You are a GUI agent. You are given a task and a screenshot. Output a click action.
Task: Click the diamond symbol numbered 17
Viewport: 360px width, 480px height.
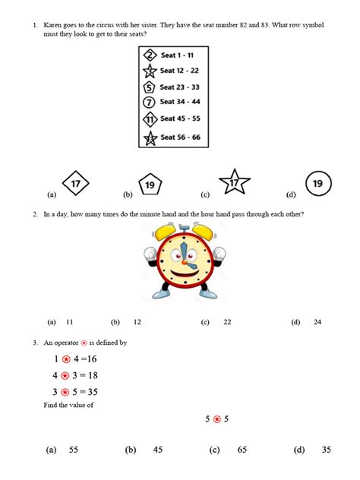[75, 184]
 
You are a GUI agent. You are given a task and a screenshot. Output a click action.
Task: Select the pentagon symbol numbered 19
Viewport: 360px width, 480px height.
[150, 185]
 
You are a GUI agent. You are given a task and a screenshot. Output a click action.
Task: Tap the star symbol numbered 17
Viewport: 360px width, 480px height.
[234, 183]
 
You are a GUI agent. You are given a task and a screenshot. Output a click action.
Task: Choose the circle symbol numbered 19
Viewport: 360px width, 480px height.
[317, 183]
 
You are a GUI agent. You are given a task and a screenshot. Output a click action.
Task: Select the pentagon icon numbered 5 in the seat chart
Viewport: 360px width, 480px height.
[150, 87]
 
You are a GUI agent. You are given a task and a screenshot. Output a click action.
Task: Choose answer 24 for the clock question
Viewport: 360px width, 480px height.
[317, 322]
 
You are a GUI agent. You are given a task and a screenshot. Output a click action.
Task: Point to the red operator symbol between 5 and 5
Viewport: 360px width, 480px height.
[216, 418]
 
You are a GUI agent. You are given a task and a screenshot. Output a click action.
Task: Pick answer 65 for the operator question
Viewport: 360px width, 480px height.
[242, 450]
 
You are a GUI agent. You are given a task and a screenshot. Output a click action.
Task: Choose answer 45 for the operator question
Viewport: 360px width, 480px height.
[158, 450]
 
